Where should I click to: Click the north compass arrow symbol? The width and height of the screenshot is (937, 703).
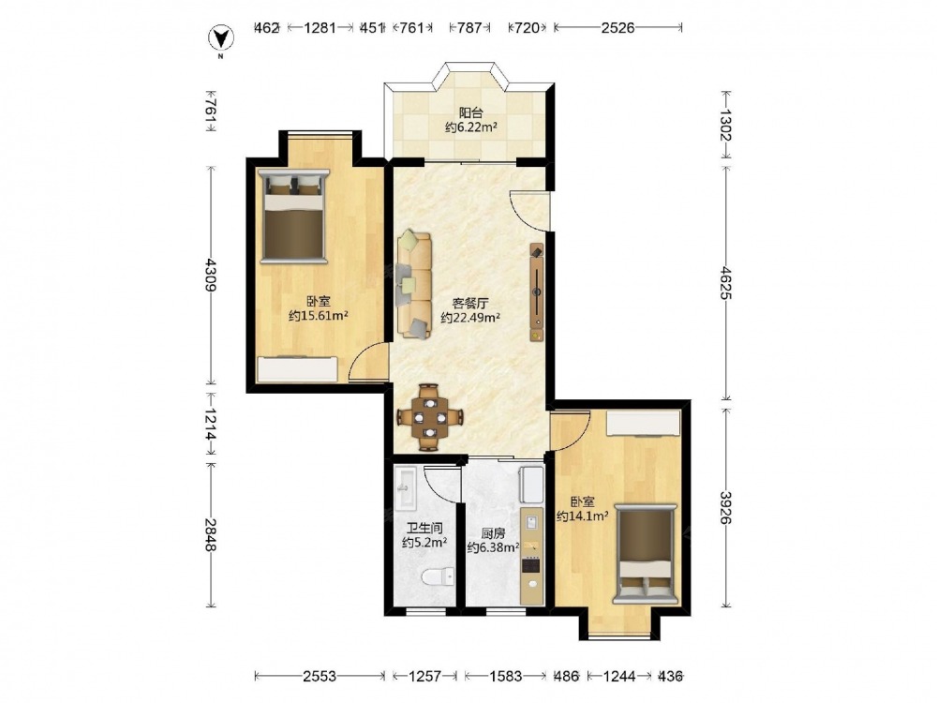[220, 38]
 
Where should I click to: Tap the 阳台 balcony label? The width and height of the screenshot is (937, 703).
[471, 112]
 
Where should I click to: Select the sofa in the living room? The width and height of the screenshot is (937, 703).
[414, 285]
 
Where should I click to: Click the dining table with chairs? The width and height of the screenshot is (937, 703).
[430, 417]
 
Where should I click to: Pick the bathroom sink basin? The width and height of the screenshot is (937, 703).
[406, 488]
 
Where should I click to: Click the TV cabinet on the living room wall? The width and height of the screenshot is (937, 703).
[537, 292]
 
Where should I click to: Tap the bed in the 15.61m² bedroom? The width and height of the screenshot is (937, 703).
[294, 216]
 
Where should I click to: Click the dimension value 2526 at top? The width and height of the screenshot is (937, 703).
[617, 27]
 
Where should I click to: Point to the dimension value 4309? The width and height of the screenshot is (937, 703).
[209, 275]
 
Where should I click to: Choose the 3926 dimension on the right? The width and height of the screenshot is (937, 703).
[725, 507]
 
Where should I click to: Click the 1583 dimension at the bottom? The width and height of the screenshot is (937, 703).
[505, 676]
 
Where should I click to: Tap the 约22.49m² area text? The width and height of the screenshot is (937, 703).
[470, 318]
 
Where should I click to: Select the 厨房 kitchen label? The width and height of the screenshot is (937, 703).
[494, 533]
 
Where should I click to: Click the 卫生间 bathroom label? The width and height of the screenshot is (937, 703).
[424, 529]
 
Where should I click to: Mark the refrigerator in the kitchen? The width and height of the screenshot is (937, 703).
[531, 485]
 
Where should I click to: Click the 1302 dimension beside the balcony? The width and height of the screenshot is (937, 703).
[725, 125]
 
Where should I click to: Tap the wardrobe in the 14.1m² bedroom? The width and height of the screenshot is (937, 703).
[644, 425]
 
